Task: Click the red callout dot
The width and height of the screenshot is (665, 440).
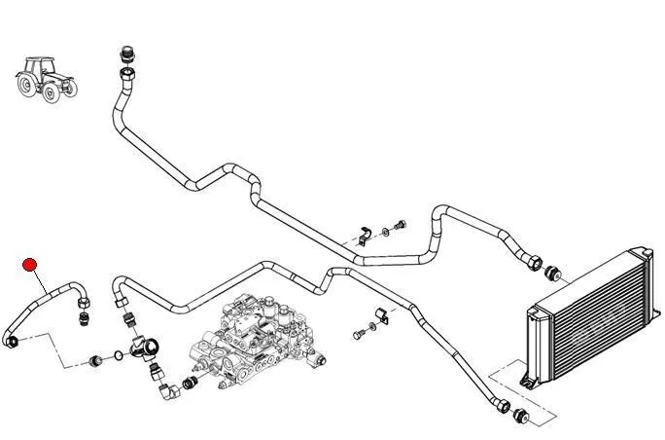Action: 30,263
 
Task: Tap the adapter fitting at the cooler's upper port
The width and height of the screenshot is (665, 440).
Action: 552,270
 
